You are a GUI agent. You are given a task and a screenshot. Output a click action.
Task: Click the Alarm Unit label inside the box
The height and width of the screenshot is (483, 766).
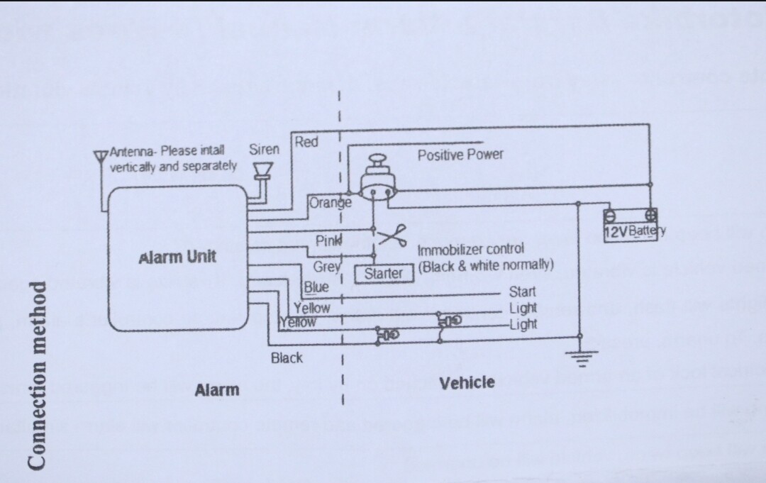point(177,256)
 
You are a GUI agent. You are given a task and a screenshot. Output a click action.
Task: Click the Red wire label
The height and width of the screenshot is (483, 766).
point(306,141)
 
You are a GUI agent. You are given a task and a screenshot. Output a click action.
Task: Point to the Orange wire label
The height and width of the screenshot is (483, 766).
point(330,202)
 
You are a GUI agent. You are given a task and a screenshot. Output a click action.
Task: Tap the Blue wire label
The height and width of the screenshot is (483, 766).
point(316,287)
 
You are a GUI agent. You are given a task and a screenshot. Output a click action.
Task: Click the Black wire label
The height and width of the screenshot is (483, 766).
point(287,357)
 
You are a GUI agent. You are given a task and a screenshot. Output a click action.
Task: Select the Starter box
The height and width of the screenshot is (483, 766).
point(384,273)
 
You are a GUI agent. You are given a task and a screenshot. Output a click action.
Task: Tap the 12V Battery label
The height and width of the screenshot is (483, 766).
point(635,231)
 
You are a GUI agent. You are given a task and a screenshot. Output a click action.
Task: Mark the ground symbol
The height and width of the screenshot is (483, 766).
point(581,358)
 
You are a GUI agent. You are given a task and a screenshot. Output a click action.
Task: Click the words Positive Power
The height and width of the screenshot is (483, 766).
point(460,154)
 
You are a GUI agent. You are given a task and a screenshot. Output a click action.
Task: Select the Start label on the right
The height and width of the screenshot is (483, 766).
point(522,292)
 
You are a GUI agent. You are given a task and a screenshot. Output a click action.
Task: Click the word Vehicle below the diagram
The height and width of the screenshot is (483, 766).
point(467,383)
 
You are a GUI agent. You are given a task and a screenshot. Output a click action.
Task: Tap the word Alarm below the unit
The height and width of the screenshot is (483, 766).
point(217,389)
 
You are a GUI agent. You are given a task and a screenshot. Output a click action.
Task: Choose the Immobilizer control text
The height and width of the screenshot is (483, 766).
point(470,250)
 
